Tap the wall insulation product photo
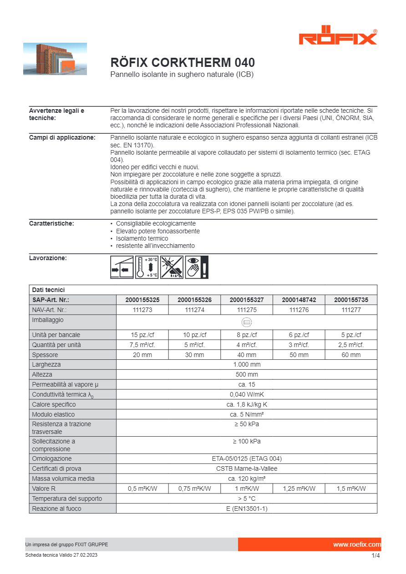(55, 59)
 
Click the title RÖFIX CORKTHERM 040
(183, 62)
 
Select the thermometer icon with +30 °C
(147, 267)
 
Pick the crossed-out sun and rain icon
(172, 267)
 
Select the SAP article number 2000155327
(247, 300)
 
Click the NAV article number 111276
(299, 310)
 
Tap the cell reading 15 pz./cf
(142, 335)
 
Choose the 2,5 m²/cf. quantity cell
(350, 345)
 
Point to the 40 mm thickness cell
(247, 355)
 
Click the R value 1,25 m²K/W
(299, 488)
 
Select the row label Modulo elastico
(53, 414)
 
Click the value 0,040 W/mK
(247, 394)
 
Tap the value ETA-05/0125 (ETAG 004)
(247, 458)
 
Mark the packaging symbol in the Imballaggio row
(247, 322)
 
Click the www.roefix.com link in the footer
(356, 544)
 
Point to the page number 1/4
(375, 555)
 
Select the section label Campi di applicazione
(62, 138)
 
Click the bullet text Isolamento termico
(142, 238)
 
